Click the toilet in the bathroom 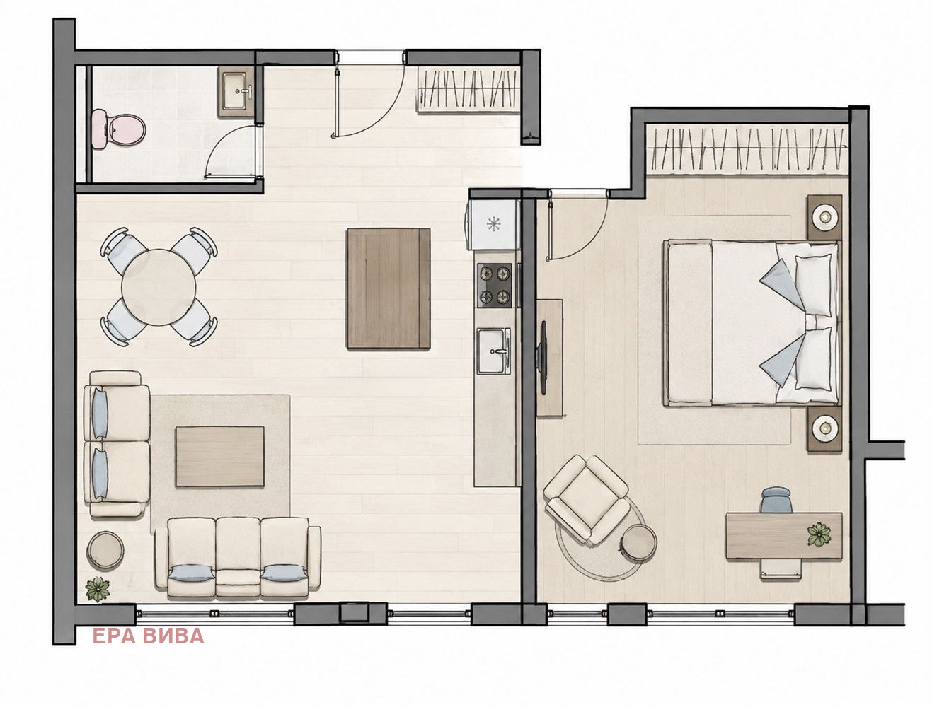pyautogui.click(x=119, y=129)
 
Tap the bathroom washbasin pyautogui.click(x=236, y=91)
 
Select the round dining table pyautogui.click(x=159, y=287)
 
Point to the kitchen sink pyautogui.click(x=493, y=351)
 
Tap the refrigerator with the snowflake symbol pyautogui.click(x=493, y=225)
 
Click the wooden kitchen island pyautogui.click(x=389, y=288)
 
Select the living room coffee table pyautogui.click(x=220, y=456)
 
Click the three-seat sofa pyautogui.click(x=238, y=558)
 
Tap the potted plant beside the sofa pyautogui.click(x=98, y=589)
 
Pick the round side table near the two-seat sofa pyautogui.click(x=105, y=551)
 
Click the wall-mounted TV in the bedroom pyautogui.click(x=542, y=357)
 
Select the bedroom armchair pyautogui.click(x=587, y=500)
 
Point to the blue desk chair pyautogui.click(x=776, y=500)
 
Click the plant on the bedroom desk pyautogui.click(x=819, y=534)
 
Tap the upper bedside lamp pyautogui.click(x=825, y=217)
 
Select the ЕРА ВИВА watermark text pyautogui.click(x=148, y=636)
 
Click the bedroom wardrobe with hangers pyautogui.click(x=747, y=149)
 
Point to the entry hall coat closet pyautogui.click(x=468, y=89)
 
